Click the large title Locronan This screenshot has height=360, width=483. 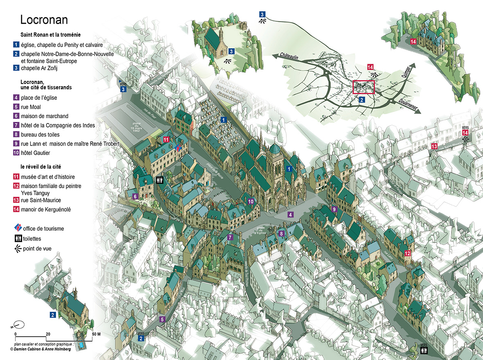coord(44,20)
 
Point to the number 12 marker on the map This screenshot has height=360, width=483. coord(407,253)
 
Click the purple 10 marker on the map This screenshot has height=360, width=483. coord(251,201)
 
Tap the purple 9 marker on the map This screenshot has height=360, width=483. coord(334,209)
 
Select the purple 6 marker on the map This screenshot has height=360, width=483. coord(135,196)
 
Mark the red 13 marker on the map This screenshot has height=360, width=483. coord(434,146)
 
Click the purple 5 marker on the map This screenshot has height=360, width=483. coord(162,319)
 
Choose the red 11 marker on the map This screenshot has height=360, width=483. coord(166,139)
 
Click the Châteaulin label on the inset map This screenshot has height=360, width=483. coord(293,59)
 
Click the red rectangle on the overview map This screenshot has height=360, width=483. coord(363,87)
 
